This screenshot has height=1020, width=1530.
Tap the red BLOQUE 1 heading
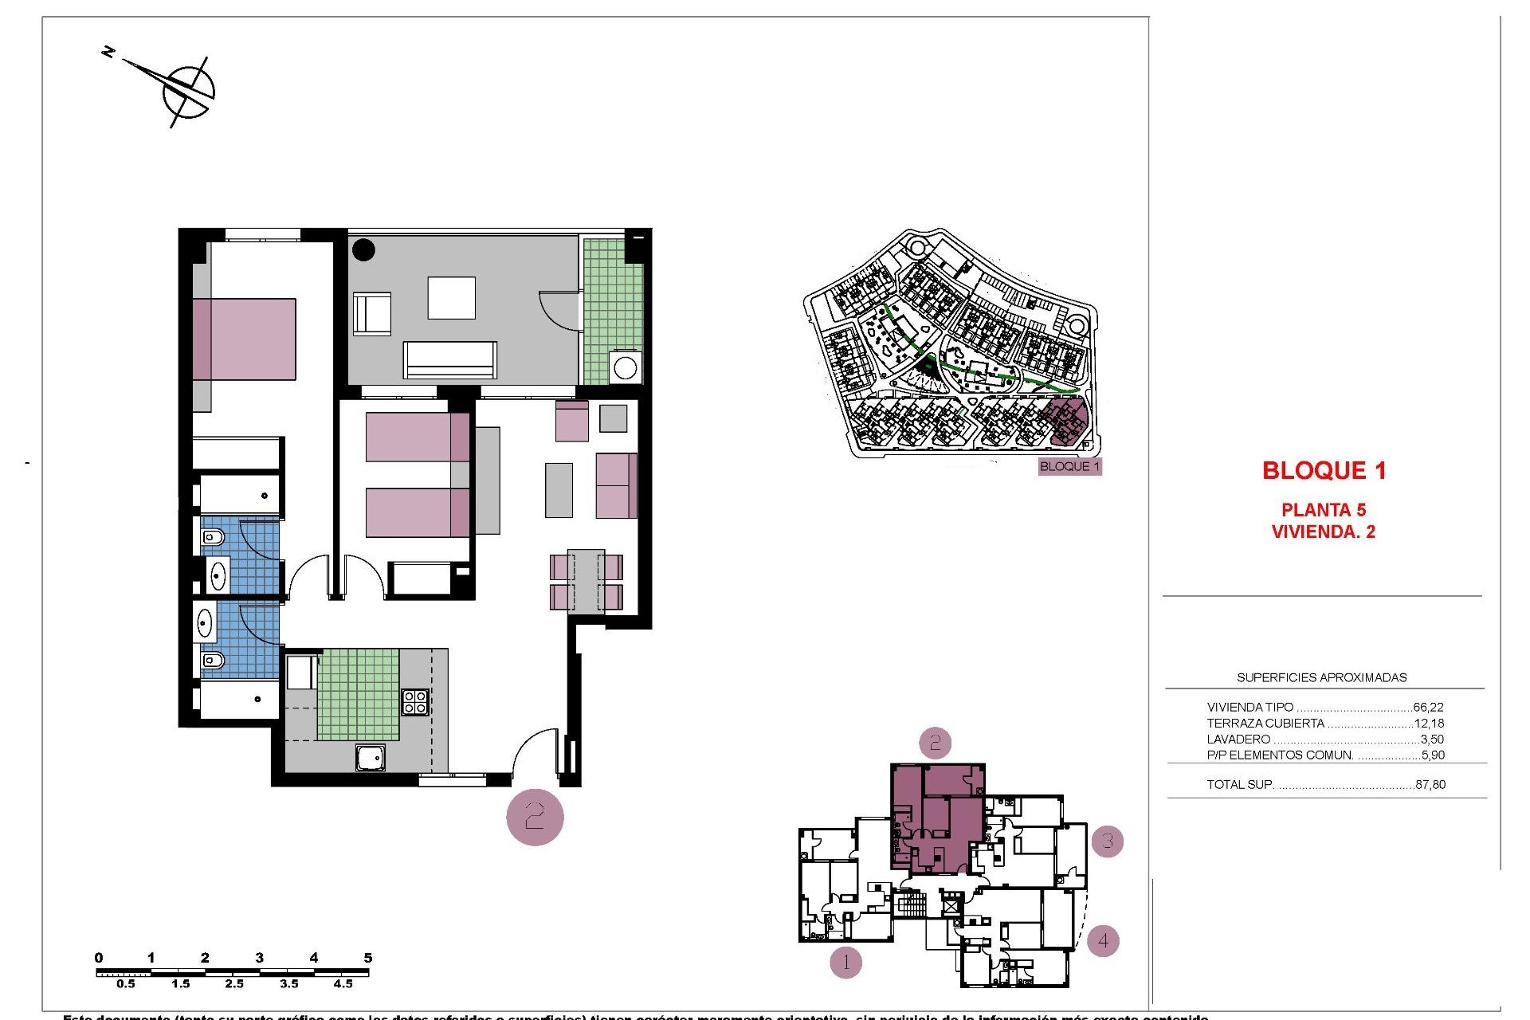tap(1324, 471)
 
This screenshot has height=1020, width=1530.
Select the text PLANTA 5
tap(1323, 510)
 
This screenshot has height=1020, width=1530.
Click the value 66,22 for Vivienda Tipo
tap(1428, 707)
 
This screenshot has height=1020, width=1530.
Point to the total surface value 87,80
tap(1430, 784)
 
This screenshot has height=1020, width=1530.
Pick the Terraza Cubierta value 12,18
tap(1428, 724)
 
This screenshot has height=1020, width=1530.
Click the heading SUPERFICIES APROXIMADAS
tap(1321, 677)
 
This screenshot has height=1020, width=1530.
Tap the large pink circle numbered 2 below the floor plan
tap(535, 816)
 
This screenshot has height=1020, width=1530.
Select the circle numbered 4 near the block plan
tap(1103, 940)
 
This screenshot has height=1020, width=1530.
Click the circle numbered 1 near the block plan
tap(845, 963)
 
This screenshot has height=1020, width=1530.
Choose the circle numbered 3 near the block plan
tap(1107, 840)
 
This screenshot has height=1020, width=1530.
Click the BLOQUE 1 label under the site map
tap(1069, 466)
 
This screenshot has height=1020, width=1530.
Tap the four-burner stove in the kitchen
tap(415, 702)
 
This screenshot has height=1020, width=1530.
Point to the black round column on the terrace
tap(363, 249)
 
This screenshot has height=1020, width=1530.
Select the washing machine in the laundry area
tap(626, 368)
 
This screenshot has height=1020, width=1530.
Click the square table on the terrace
tap(451, 298)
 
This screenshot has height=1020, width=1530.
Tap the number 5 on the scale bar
tap(367, 958)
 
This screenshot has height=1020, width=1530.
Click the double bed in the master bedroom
tap(244, 339)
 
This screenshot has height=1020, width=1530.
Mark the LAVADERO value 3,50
tap(1431, 739)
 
